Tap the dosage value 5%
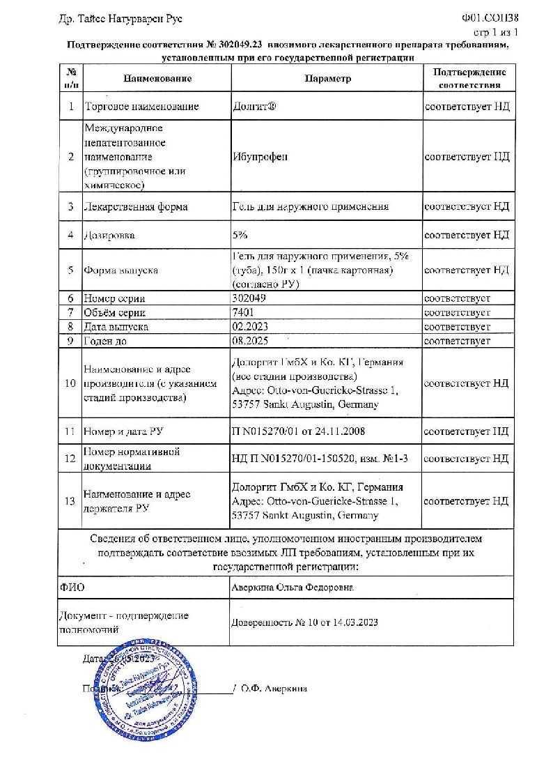[x=240, y=235]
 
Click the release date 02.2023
[x=249, y=326]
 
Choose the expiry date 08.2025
[x=249, y=341]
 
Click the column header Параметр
[x=327, y=79]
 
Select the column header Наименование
[x=157, y=79]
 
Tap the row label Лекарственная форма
[x=135, y=207]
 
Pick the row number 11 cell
[x=70, y=431]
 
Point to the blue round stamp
[x=133, y=690]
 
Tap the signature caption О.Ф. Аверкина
[x=273, y=688]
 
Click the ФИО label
[x=72, y=588]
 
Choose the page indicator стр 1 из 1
[x=495, y=32]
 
